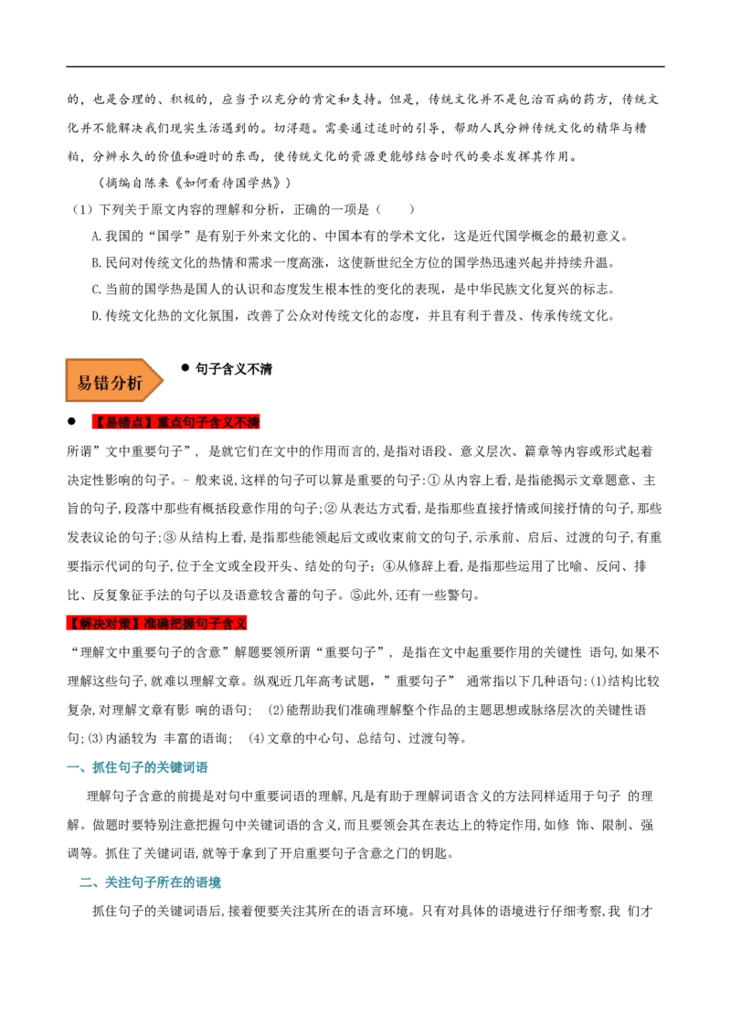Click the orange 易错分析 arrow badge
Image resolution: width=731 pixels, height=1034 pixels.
113,381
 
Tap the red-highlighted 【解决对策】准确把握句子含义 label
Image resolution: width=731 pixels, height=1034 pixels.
157,623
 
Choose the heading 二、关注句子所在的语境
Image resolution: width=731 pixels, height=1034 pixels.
150,882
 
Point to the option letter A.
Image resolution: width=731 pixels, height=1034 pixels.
96,236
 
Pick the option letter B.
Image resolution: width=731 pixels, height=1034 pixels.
96,262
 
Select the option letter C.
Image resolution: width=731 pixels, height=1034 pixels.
96,289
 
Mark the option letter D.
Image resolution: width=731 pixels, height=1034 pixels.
96,316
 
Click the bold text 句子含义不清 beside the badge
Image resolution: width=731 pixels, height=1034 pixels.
234,369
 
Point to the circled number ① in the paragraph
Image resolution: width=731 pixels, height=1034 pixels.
433,480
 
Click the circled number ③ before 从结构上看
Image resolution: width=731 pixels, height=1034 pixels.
170,537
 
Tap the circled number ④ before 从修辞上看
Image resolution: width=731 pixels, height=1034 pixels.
388,565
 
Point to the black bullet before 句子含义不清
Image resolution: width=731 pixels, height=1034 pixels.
185,368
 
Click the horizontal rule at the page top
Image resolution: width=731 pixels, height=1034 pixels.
365,66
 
